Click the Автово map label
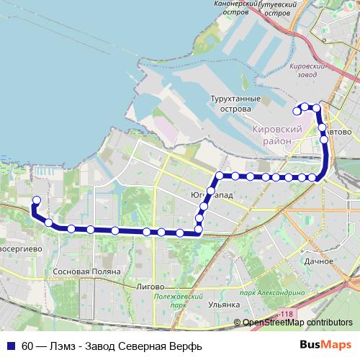[339, 132]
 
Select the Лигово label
[150, 286]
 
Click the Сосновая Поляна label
[81, 272]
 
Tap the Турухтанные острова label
[230, 102]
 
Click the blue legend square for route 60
[9, 344]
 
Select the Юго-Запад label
[211, 195]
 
